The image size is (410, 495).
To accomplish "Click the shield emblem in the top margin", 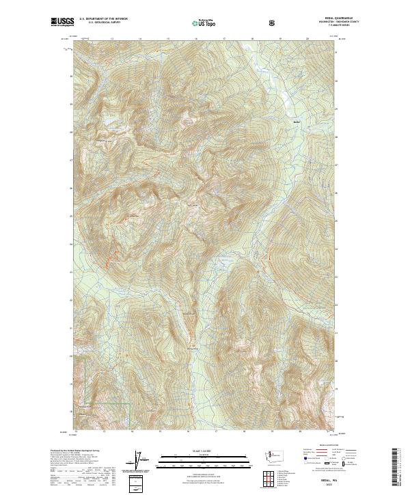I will click(x=274, y=23).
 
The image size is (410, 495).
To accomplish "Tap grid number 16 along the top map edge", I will click(x=196, y=39).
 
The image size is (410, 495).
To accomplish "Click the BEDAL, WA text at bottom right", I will click(x=322, y=481).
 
